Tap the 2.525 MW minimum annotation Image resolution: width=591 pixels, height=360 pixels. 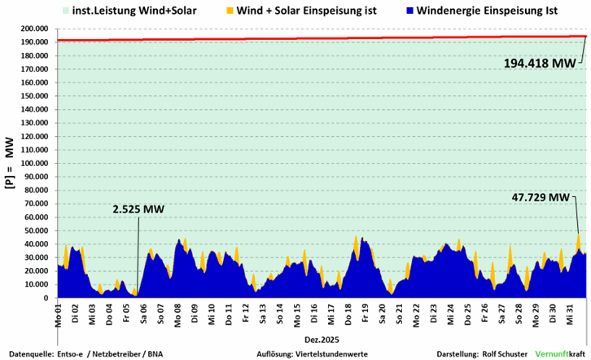pyautogui.click(x=138, y=209)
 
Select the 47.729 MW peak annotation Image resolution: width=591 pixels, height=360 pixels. pyautogui.click(x=541, y=197)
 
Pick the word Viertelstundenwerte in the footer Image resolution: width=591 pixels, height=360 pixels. pyautogui.click(x=337, y=354)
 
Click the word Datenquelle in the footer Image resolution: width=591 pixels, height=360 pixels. pyautogui.click(x=24, y=354)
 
